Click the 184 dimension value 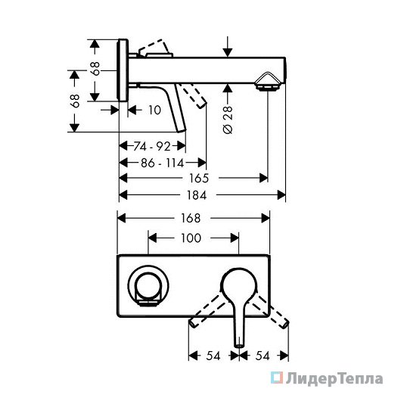pos(197,196)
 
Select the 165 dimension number pos(199,179)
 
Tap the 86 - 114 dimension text pos(163,163)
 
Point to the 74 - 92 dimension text pos(152,147)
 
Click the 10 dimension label pos(154,110)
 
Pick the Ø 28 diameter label pos(228,120)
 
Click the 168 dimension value pos(191,219)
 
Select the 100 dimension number pos(191,238)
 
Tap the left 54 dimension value pos(213,356)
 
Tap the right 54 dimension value pos(263,356)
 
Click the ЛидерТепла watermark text pos(334,379)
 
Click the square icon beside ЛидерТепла pos(277,378)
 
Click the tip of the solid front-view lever pos(239,346)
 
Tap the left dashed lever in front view pos(208,311)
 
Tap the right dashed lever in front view pos(271,311)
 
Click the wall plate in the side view pos(123,70)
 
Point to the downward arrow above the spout pos(228,47)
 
